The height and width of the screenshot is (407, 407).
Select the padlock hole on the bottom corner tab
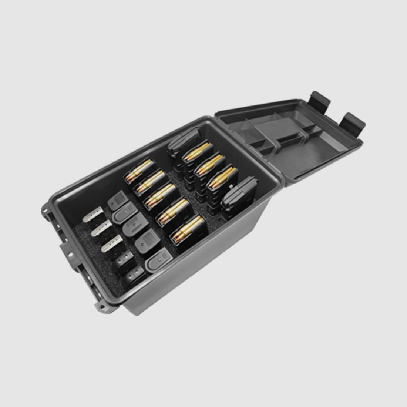(100, 306)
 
